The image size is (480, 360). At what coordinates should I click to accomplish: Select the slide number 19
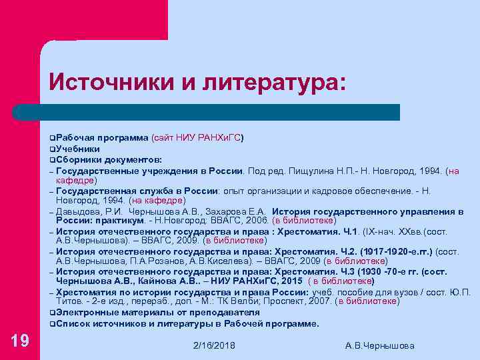(x=20, y=341)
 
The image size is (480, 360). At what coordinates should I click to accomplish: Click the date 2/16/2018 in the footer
(x=213, y=345)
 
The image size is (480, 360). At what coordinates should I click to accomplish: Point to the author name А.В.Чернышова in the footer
(x=380, y=345)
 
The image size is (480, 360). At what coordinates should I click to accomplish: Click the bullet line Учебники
(x=78, y=149)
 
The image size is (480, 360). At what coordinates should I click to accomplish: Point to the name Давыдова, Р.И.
(x=86, y=211)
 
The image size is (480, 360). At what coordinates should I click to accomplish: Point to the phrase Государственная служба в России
(x=133, y=190)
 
